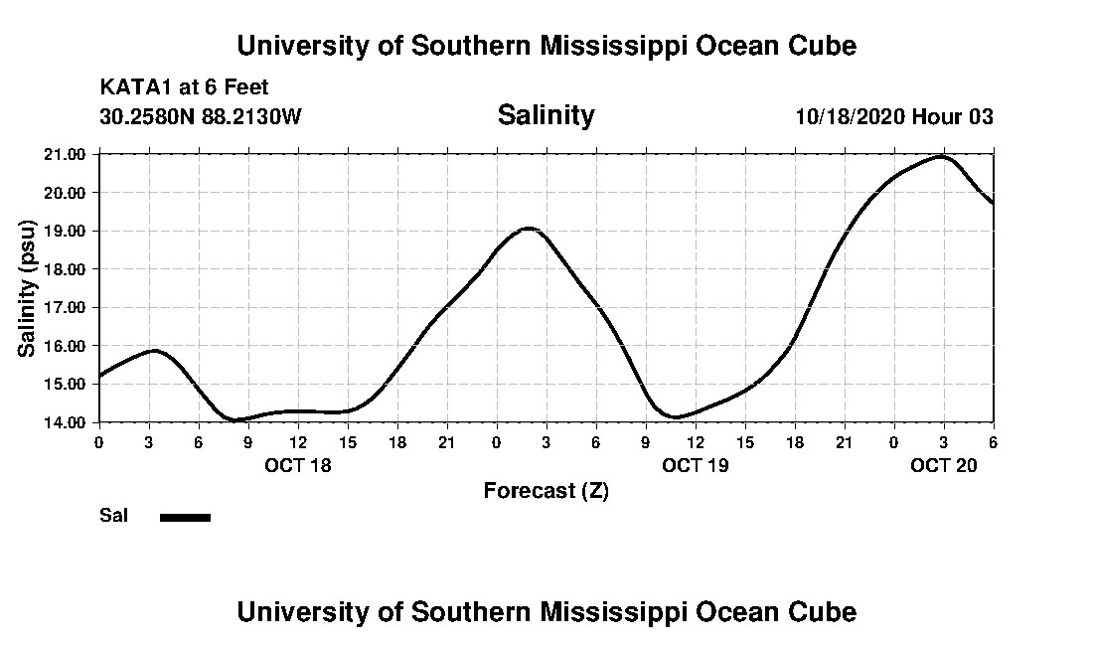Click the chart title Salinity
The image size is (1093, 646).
pos(546,115)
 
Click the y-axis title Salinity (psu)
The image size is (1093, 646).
pos(28,288)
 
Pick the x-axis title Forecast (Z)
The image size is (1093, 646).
pos(546,490)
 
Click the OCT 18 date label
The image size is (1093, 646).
pos(298,464)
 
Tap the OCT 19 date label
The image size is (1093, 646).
pos(696,464)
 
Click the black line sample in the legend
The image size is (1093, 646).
pos(185,517)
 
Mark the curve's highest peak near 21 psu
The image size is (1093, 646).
pos(941,157)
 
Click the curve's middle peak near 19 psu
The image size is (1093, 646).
pos(530,229)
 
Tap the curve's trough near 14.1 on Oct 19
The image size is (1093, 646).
pos(676,417)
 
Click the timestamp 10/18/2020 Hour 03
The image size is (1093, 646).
pos(894,116)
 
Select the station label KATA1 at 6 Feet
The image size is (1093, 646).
pos(185,87)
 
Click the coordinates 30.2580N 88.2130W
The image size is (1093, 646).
pos(200,116)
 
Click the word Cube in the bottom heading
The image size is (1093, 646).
pos(824,611)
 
